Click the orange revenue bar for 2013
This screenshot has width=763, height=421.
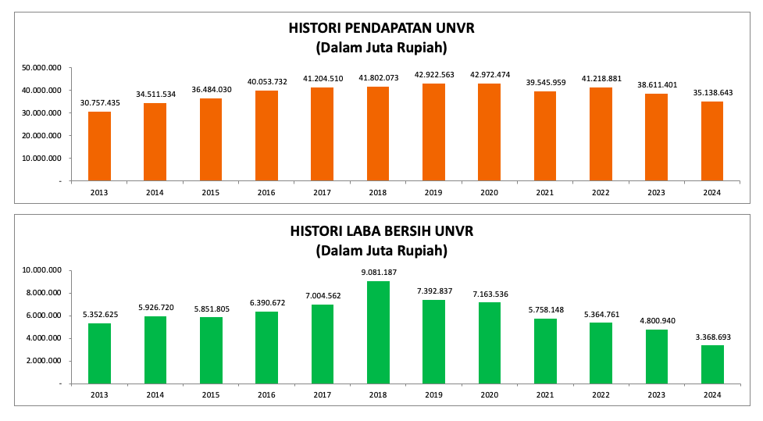pos(99,146)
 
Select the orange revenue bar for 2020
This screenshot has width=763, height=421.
pos(489,132)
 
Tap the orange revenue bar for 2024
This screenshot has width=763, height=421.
pos(712,141)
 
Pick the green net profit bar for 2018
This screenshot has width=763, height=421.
pos(378,332)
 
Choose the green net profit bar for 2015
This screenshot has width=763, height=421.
pos(211,350)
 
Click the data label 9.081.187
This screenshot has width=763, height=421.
pos(378,273)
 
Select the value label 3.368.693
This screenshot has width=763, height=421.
pos(712,337)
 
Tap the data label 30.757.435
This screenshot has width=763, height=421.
pos(99,102)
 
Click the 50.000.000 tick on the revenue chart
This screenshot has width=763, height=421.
pos(42,68)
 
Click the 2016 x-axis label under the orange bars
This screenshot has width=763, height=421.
pos(267,192)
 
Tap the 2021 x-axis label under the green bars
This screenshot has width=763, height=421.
pos(545,395)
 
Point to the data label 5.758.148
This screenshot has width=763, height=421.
pos(545,309)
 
